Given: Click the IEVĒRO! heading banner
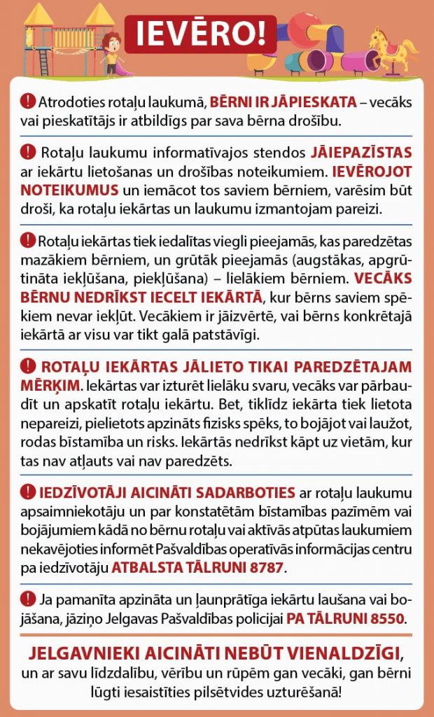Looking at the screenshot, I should [x=199, y=33].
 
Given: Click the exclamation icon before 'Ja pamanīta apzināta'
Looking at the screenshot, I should [x=27, y=599].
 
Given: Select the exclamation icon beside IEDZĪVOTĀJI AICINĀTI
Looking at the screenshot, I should [x=27, y=491].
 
